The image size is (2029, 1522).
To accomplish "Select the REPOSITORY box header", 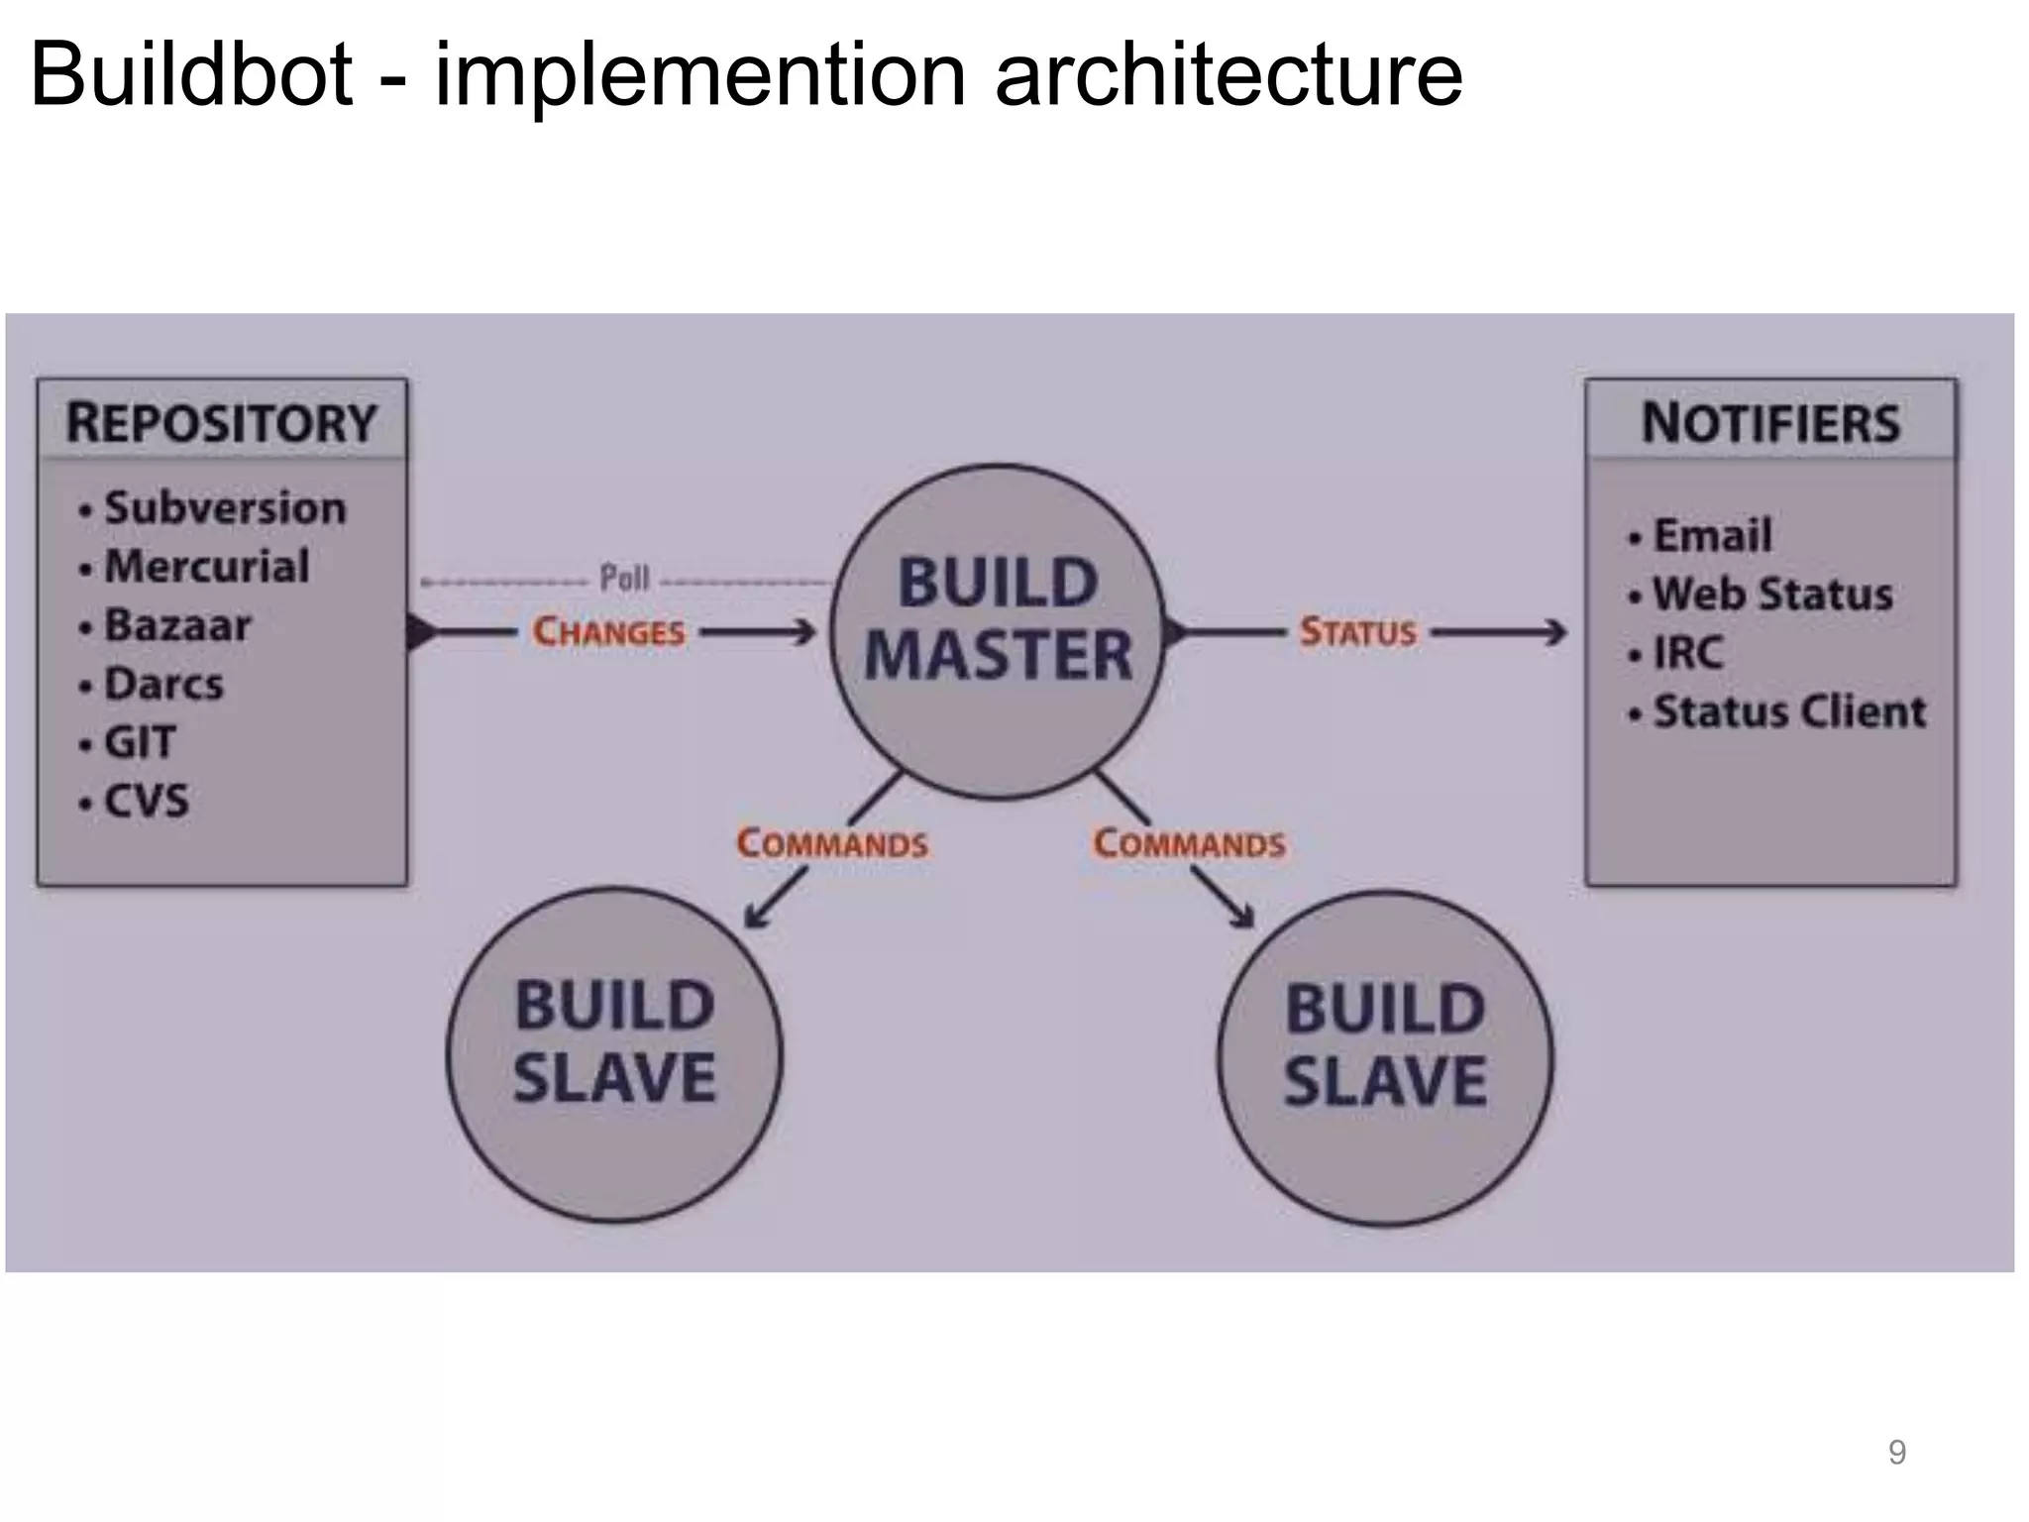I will [x=222, y=423].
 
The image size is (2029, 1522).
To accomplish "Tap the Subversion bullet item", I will [x=225, y=508].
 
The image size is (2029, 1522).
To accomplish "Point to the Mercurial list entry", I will [x=206, y=567].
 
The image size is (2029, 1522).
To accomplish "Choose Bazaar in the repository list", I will [x=177, y=625].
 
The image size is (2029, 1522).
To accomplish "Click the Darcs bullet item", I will [x=163, y=684].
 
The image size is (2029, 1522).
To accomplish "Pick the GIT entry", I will [x=140, y=742].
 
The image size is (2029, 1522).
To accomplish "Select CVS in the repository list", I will [x=146, y=801].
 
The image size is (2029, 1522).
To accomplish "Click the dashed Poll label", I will [x=624, y=578].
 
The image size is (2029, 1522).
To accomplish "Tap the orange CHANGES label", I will [x=608, y=632].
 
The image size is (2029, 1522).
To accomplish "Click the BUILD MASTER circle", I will [x=997, y=631].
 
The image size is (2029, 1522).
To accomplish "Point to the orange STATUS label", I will [x=1357, y=632].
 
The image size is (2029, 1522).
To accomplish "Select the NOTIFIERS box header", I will [x=1770, y=423].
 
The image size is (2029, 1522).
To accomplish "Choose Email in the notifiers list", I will [x=1711, y=536].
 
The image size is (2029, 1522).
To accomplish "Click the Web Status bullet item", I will [x=1771, y=595].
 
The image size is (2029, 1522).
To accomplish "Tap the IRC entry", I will [x=1687, y=653].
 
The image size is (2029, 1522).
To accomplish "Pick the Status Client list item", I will [x=1788, y=711].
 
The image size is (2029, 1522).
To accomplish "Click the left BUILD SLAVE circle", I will [x=614, y=1054].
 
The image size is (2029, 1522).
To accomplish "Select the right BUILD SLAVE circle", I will [x=1385, y=1058].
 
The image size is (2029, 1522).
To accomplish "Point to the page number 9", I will [x=1896, y=1452].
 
